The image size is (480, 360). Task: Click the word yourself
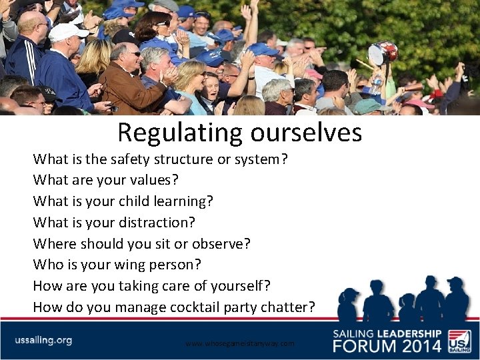(x=236, y=286)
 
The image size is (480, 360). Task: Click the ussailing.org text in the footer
(x=43, y=340)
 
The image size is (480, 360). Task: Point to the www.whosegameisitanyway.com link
(x=239, y=343)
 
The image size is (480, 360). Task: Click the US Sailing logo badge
(x=459, y=340)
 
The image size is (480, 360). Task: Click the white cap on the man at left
(x=67, y=31)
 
